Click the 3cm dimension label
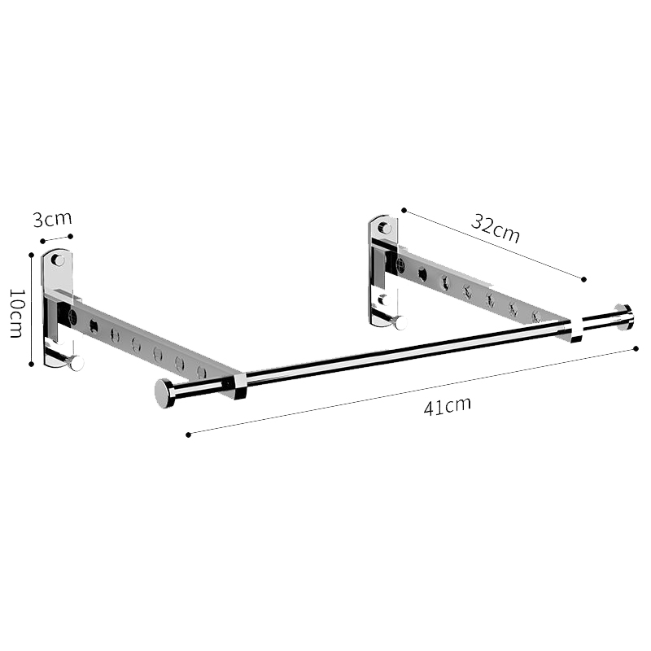point(53,220)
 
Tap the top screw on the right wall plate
point(384,228)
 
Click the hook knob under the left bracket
point(76,363)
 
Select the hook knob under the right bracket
point(400,322)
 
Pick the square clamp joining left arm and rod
point(236,386)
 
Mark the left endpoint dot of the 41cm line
point(188,435)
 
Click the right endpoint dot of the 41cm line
point(636,349)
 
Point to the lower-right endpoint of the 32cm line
point(583,279)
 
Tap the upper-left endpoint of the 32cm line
point(404,210)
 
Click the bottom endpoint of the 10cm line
point(32,364)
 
